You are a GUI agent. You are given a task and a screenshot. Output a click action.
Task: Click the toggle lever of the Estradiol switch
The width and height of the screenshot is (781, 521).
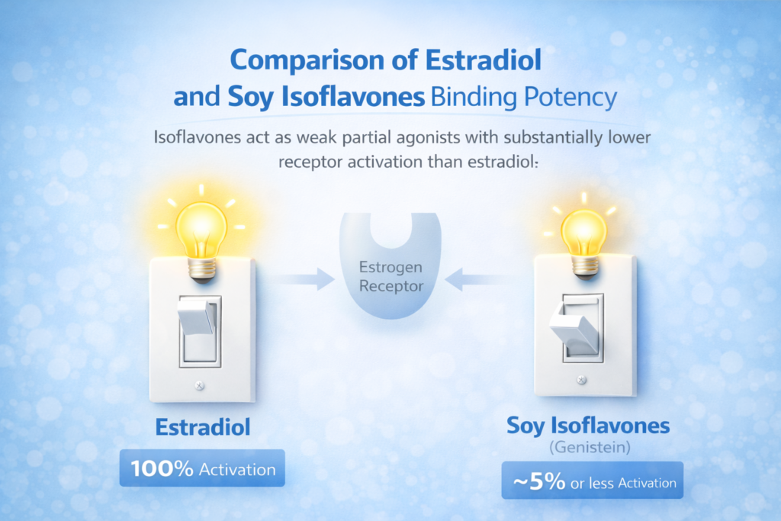(x=197, y=314)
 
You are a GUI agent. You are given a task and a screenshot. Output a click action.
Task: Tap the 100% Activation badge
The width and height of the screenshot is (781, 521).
(x=201, y=468)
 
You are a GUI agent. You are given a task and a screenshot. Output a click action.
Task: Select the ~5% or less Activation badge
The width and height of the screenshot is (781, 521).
(x=592, y=481)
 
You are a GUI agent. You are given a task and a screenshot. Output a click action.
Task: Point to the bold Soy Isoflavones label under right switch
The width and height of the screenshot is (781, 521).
(x=588, y=426)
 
